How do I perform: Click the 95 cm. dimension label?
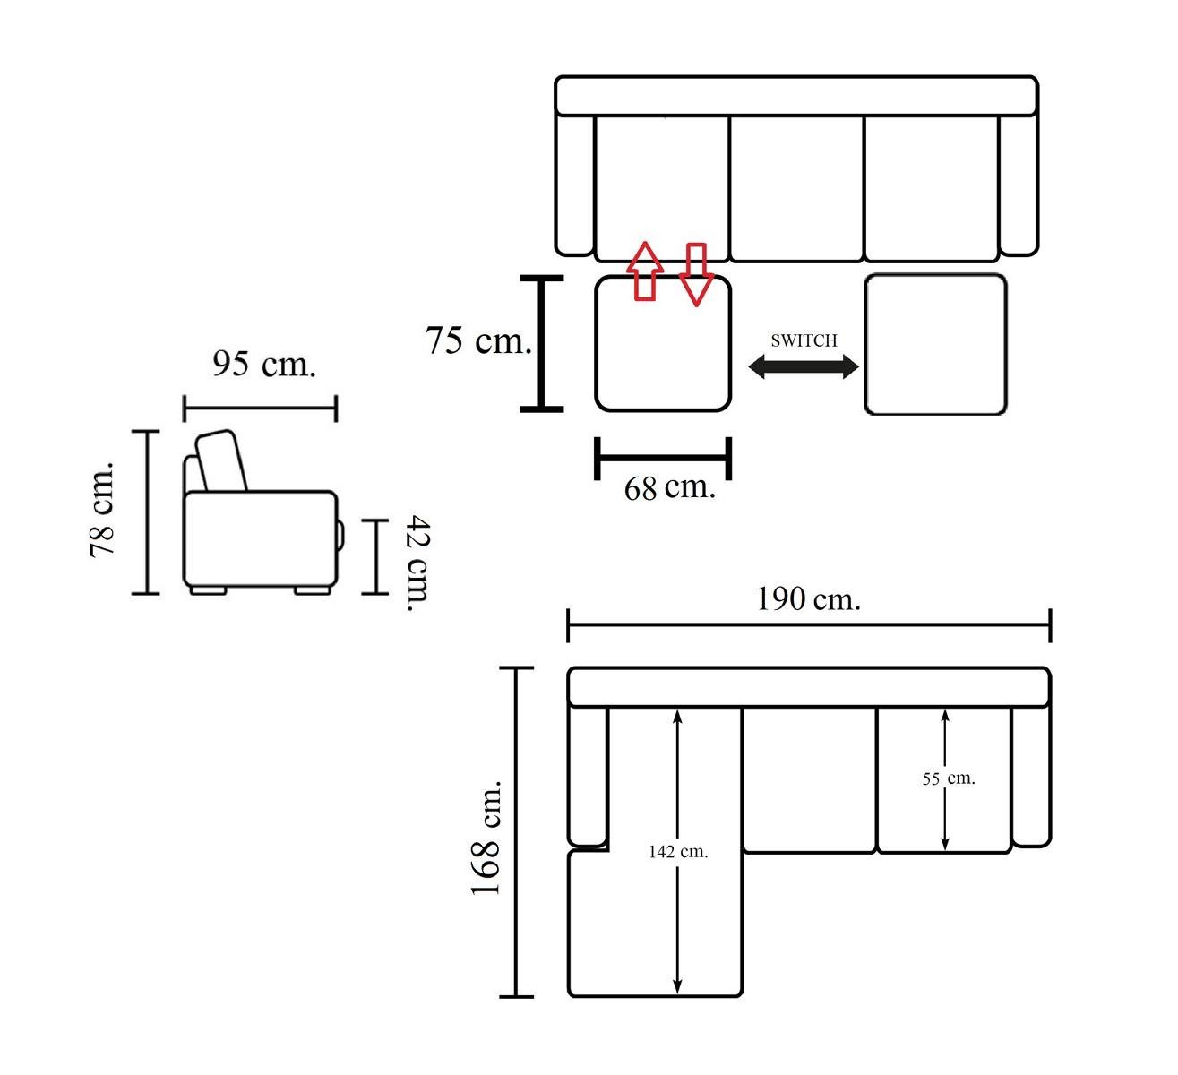point(264,365)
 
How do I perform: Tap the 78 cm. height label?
point(102,510)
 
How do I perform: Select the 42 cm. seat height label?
point(418,563)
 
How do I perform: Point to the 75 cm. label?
point(478,340)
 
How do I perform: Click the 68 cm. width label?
point(670,488)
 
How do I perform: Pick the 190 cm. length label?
point(808,599)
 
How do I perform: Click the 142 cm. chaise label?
point(678,852)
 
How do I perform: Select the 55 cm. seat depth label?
point(949,779)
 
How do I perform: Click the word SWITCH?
point(804,340)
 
